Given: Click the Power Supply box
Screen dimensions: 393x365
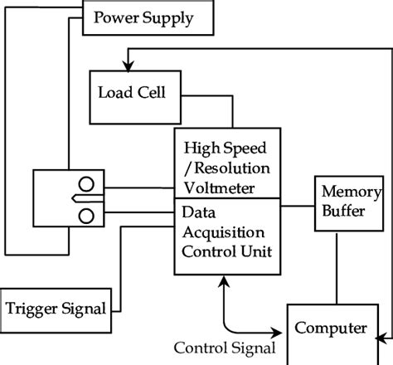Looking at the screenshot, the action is [148, 17].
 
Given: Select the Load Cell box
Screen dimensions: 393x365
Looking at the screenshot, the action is [135, 97].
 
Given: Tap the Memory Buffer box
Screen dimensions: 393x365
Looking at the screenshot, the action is [349, 203].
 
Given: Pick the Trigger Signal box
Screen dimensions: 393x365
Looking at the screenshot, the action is [56, 310].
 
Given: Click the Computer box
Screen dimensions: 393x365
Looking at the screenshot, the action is [332, 334].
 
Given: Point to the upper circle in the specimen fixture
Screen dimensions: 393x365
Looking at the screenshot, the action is [86, 184].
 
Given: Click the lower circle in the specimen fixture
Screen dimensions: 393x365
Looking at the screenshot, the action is [86, 216].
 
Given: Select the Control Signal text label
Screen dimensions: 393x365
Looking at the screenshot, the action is [225, 348].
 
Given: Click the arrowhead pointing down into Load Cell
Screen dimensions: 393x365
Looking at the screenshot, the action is [128, 66].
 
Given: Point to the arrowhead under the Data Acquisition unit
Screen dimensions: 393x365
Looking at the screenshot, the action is [224, 281].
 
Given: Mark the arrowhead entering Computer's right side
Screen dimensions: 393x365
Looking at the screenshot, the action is [381, 338].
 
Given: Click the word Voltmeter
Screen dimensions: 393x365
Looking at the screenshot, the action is [219, 188].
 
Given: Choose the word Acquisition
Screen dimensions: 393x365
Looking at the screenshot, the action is [223, 233].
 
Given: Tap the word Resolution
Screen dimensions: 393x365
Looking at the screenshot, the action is [232, 168].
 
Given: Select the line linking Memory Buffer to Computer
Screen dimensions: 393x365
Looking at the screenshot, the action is [337, 269].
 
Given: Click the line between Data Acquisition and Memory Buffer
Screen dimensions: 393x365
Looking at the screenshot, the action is [298, 206].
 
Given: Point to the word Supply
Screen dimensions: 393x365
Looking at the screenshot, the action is [168, 18].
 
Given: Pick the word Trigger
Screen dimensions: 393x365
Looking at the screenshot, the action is [32, 309].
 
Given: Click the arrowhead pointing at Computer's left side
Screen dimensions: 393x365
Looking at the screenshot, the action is [276, 333].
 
